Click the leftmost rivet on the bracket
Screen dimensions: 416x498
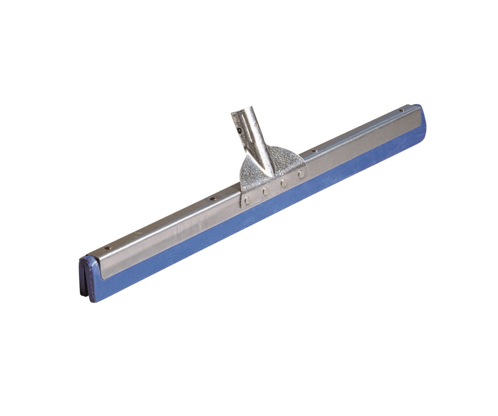(248, 201)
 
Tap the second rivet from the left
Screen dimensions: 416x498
(266, 192)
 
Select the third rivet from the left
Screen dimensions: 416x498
(283, 183)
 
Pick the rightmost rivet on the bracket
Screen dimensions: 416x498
(301, 174)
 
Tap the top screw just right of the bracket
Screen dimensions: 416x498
(315, 151)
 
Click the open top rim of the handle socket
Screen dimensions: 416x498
(241, 111)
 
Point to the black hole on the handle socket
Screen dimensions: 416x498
(239, 130)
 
